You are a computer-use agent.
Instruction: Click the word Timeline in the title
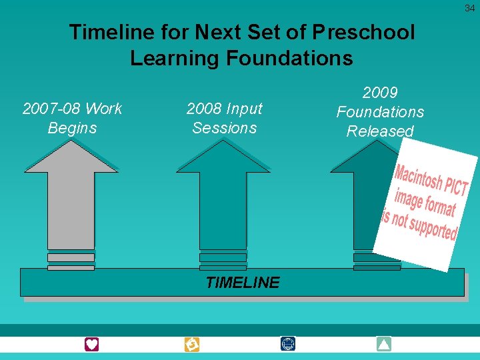[x=107, y=32]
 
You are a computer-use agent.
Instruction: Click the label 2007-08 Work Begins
[x=72, y=118]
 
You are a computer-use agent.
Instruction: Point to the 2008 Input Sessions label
[x=224, y=118]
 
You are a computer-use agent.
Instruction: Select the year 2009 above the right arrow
[x=380, y=93]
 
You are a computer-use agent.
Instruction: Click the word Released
[x=380, y=131]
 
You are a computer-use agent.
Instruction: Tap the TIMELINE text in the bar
[x=243, y=283]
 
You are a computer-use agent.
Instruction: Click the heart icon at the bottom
[x=91, y=344]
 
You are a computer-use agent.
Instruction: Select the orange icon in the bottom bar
[x=191, y=344]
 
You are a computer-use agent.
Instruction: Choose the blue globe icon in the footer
[x=288, y=344]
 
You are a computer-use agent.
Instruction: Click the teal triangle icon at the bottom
[x=383, y=344]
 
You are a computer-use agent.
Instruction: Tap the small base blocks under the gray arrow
[x=71, y=261]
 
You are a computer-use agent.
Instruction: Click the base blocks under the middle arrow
[x=223, y=261]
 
